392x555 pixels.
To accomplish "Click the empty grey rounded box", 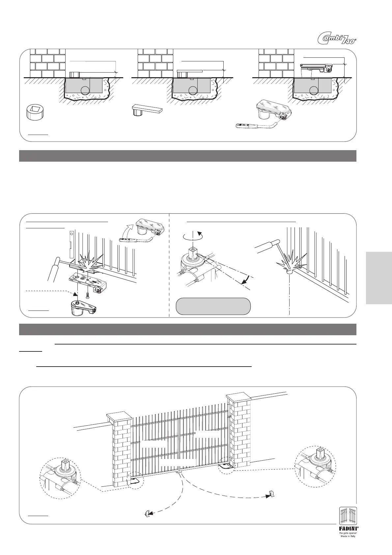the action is [213, 306].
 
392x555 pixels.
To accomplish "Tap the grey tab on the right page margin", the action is [378, 277].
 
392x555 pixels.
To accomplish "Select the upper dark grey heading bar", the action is [188, 156].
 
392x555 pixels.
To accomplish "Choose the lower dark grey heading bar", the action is [188, 329].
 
